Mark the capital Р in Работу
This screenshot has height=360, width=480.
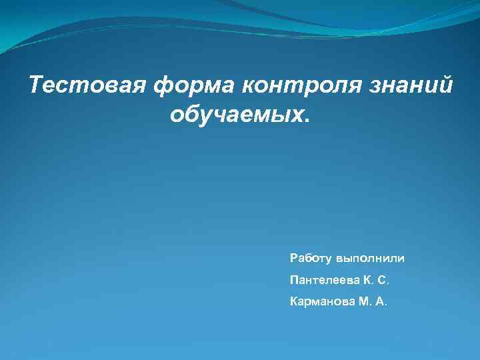coord(294,257)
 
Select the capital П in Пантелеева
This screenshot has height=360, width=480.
coord(295,280)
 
